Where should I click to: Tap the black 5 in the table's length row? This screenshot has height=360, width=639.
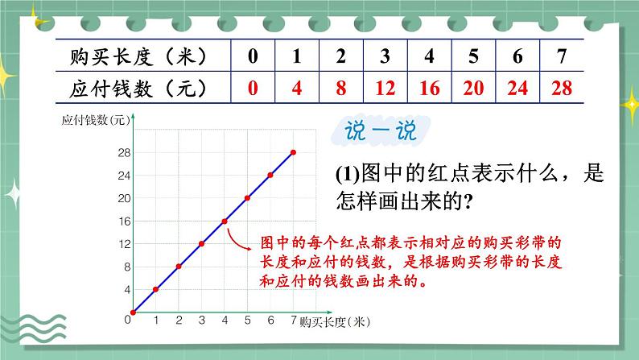coord(473,56)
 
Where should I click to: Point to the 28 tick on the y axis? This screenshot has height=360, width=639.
coord(124,152)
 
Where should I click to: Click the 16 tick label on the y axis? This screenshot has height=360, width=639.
coord(124,221)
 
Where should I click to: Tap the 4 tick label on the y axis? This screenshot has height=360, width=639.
coord(126,289)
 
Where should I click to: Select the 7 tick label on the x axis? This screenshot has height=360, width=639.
coord(293,321)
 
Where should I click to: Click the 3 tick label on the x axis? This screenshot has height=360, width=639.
coord(201,321)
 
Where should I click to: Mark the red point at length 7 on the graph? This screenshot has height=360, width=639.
coord(293,152)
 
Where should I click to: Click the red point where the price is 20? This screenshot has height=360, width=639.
coord(247,198)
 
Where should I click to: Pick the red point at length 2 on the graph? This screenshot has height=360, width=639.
coord(179,267)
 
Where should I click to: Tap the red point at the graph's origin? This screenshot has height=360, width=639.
coord(133,312)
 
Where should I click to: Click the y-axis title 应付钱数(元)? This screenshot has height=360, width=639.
coord(96,121)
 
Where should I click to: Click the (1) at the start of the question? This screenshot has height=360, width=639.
coord(350,174)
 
